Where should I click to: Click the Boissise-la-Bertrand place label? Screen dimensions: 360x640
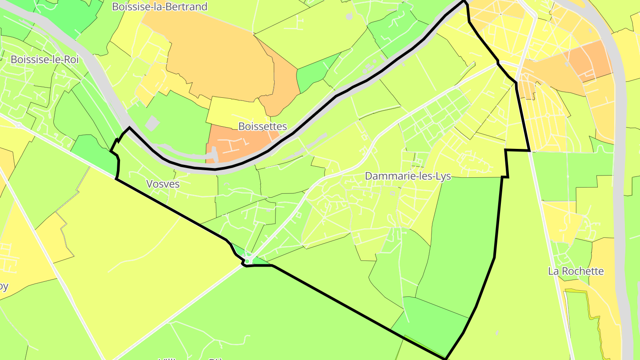tap(160, 7)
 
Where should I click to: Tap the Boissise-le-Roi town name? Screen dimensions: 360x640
tap(44, 60)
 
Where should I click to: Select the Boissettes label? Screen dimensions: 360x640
tap(263, 127)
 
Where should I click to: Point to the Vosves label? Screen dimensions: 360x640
tap(163, 184)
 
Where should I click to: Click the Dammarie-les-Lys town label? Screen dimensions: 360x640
tap(408, 176)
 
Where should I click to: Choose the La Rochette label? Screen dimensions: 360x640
tap(576, 271)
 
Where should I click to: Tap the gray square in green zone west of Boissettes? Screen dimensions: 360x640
tap(152, 124)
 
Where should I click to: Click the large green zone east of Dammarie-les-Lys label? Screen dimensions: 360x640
tap(462, 240)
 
